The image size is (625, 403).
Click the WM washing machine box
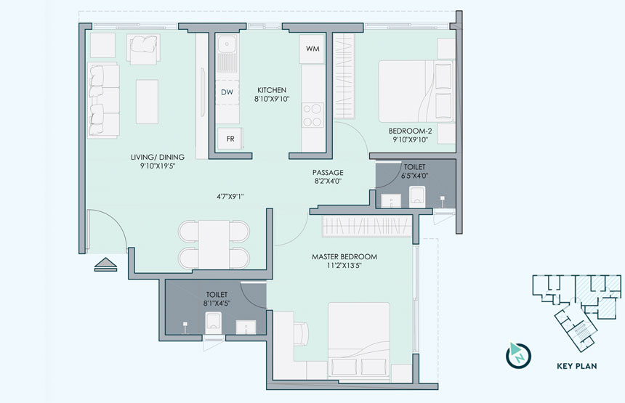312,49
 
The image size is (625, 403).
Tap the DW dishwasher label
227,92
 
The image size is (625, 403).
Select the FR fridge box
230,139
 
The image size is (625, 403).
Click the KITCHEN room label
272,90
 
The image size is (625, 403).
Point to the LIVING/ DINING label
158,157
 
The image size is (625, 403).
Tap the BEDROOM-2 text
410,131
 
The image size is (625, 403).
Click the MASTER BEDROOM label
344,257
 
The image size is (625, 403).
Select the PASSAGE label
328,172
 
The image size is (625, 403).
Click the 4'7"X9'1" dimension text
230,196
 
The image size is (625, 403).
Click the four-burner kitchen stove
312,115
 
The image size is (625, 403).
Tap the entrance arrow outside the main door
105,264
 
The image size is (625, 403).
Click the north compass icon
518,354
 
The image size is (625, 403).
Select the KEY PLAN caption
577,366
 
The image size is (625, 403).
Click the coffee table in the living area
147,102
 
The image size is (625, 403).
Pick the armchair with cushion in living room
143,49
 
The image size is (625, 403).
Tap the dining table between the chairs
214,244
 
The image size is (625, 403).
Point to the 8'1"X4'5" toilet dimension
217,304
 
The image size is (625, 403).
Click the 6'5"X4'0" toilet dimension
414,176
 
